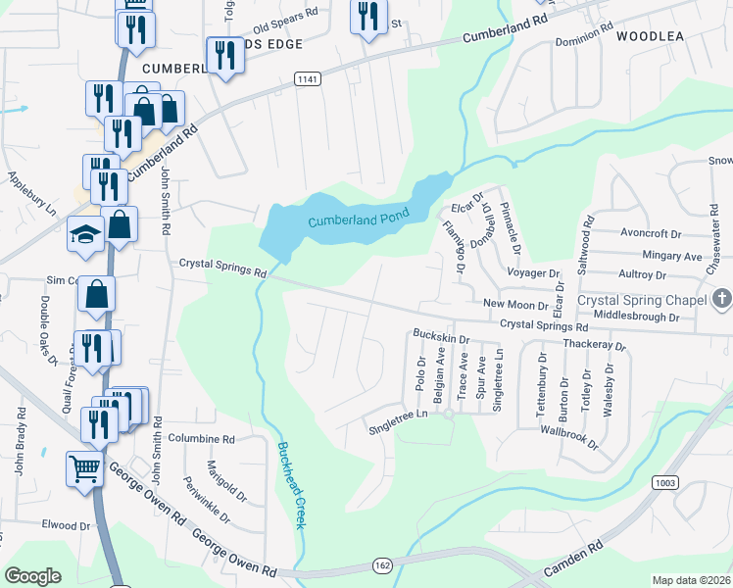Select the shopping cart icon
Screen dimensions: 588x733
(x=85, y=468)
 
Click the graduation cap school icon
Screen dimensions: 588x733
(x=85, y=234)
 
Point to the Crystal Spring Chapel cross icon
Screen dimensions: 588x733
(x=721, y=299)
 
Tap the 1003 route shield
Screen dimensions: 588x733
(x=665, y=482)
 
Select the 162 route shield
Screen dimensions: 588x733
(x=383, y=564)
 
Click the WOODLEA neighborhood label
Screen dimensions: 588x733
(x=650, y=36)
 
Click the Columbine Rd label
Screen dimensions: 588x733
(x=202, y=439)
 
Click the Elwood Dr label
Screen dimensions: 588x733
(x=66, y=525)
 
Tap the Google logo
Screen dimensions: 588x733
(x=32, y=576)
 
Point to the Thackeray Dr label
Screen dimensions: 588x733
(x=594, y=345)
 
